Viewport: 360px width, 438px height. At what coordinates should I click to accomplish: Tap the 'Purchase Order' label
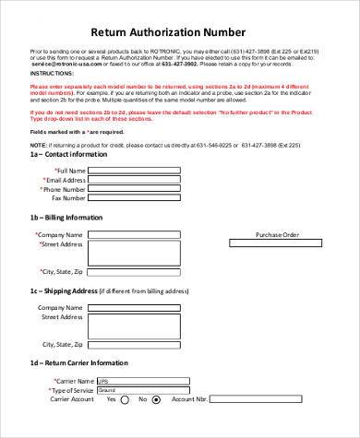tap(277, 235)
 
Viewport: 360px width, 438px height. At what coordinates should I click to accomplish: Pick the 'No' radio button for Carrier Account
tap(156, 400)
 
